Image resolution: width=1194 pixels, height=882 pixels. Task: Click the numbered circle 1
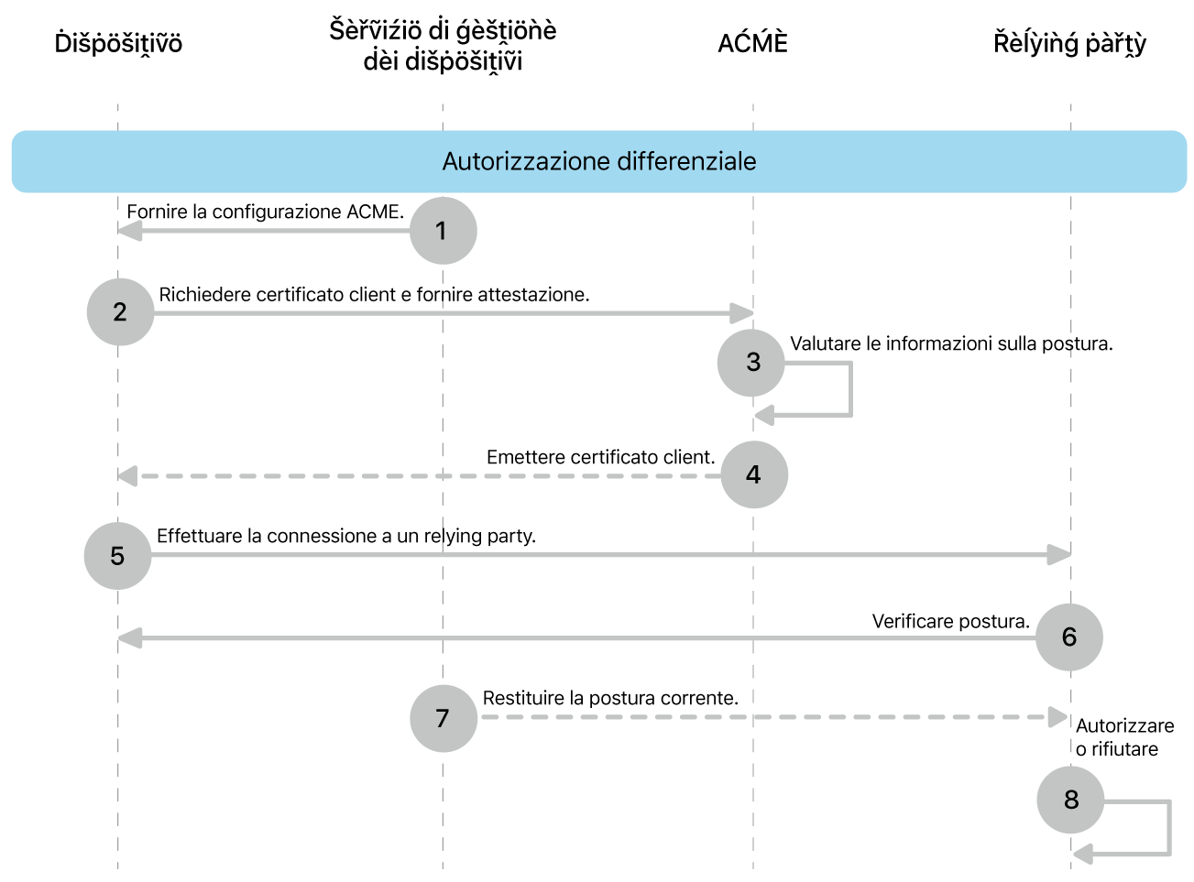[x=443, y=231]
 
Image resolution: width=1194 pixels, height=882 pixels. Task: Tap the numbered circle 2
[x=120, y=312]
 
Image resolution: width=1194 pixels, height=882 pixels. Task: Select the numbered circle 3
[x=751, y=363]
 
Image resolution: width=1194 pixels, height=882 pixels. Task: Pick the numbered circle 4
[x=753, y=474]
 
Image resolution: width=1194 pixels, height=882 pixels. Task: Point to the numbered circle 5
[x=117, y=556]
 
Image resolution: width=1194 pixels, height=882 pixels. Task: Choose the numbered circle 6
[x=1068, y=637]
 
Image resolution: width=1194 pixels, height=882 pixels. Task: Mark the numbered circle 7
[x=443, y=718]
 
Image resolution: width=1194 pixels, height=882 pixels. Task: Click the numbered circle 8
[x=1070, y=800]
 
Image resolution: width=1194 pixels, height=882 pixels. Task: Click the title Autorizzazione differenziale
[x=599, y=161]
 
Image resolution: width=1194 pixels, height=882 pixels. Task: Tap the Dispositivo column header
[x=118, y=44]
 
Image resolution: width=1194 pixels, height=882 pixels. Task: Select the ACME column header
[x=752, y=44]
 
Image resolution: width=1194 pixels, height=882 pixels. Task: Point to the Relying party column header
[x=1069, y=44]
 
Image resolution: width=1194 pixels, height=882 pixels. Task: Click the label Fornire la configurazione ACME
[x=265, y=212]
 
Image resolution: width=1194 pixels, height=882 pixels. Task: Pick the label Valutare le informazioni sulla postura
[x=951, y=343]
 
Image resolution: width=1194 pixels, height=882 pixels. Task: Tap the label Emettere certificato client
[x=600, y=457]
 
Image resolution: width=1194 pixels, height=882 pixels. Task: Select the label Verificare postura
[x=950, y=621]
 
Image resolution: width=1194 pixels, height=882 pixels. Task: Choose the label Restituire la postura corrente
[x=610, y=698]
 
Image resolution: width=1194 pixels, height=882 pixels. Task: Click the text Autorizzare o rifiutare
[x=1123, y=737]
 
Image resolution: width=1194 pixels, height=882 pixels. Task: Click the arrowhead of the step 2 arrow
[x=742, y=313]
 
